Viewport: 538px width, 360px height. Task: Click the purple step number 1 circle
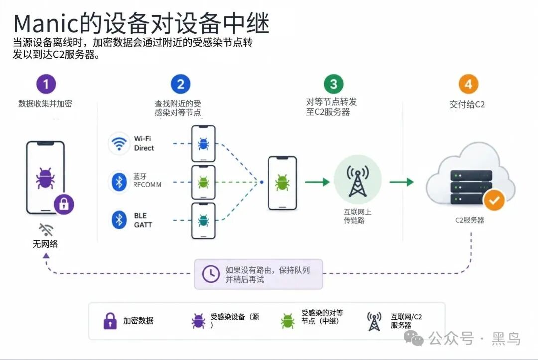pyautogui.click(x=46, y=84)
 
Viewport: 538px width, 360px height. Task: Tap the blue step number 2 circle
pyautogui.click(x=180, y=84)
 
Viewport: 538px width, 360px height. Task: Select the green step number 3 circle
pyautogui.click(x=333, y=84)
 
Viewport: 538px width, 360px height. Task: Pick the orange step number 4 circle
pyautogui.click(x=468, y=84)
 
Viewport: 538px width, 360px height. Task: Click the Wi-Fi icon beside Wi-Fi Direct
pyautogui.click(x=119, y=144)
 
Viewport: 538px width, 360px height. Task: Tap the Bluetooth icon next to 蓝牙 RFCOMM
pyautogui.click(x=119, y=182)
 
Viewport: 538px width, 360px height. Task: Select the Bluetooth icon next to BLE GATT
pyautogui.click(x=119, y=220)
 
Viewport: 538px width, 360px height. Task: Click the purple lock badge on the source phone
pyautogui.click(x=64, y=204)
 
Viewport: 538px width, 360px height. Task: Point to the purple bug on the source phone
pyautogui.click(x=45, y=178)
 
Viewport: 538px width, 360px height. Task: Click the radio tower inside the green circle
pyautogui.click(x=358, y=181)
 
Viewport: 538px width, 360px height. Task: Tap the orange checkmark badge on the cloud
pyautogui.click(x=494, y=200)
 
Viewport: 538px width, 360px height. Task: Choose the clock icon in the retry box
pyautogui.click(x=211, y=274)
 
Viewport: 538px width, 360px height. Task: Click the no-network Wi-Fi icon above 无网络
pyautogui.click(x=46, y=230)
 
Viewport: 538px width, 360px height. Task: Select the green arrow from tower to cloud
pyautogui.click(x=402, y=182)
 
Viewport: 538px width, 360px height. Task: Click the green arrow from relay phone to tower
pyautogui.click(x=317, y=182)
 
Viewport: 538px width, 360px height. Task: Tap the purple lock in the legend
pyautogui.click(x=110, y=321)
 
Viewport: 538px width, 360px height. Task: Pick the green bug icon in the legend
pyautogui.click(x=287, y=321)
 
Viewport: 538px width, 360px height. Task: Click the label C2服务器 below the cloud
pyautogui.click(x=469, y=220)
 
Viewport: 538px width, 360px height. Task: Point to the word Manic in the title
pyautogui.click(x=47, y=24)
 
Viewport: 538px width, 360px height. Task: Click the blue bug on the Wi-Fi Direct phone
pyautogui.click(x=203, y=144)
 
